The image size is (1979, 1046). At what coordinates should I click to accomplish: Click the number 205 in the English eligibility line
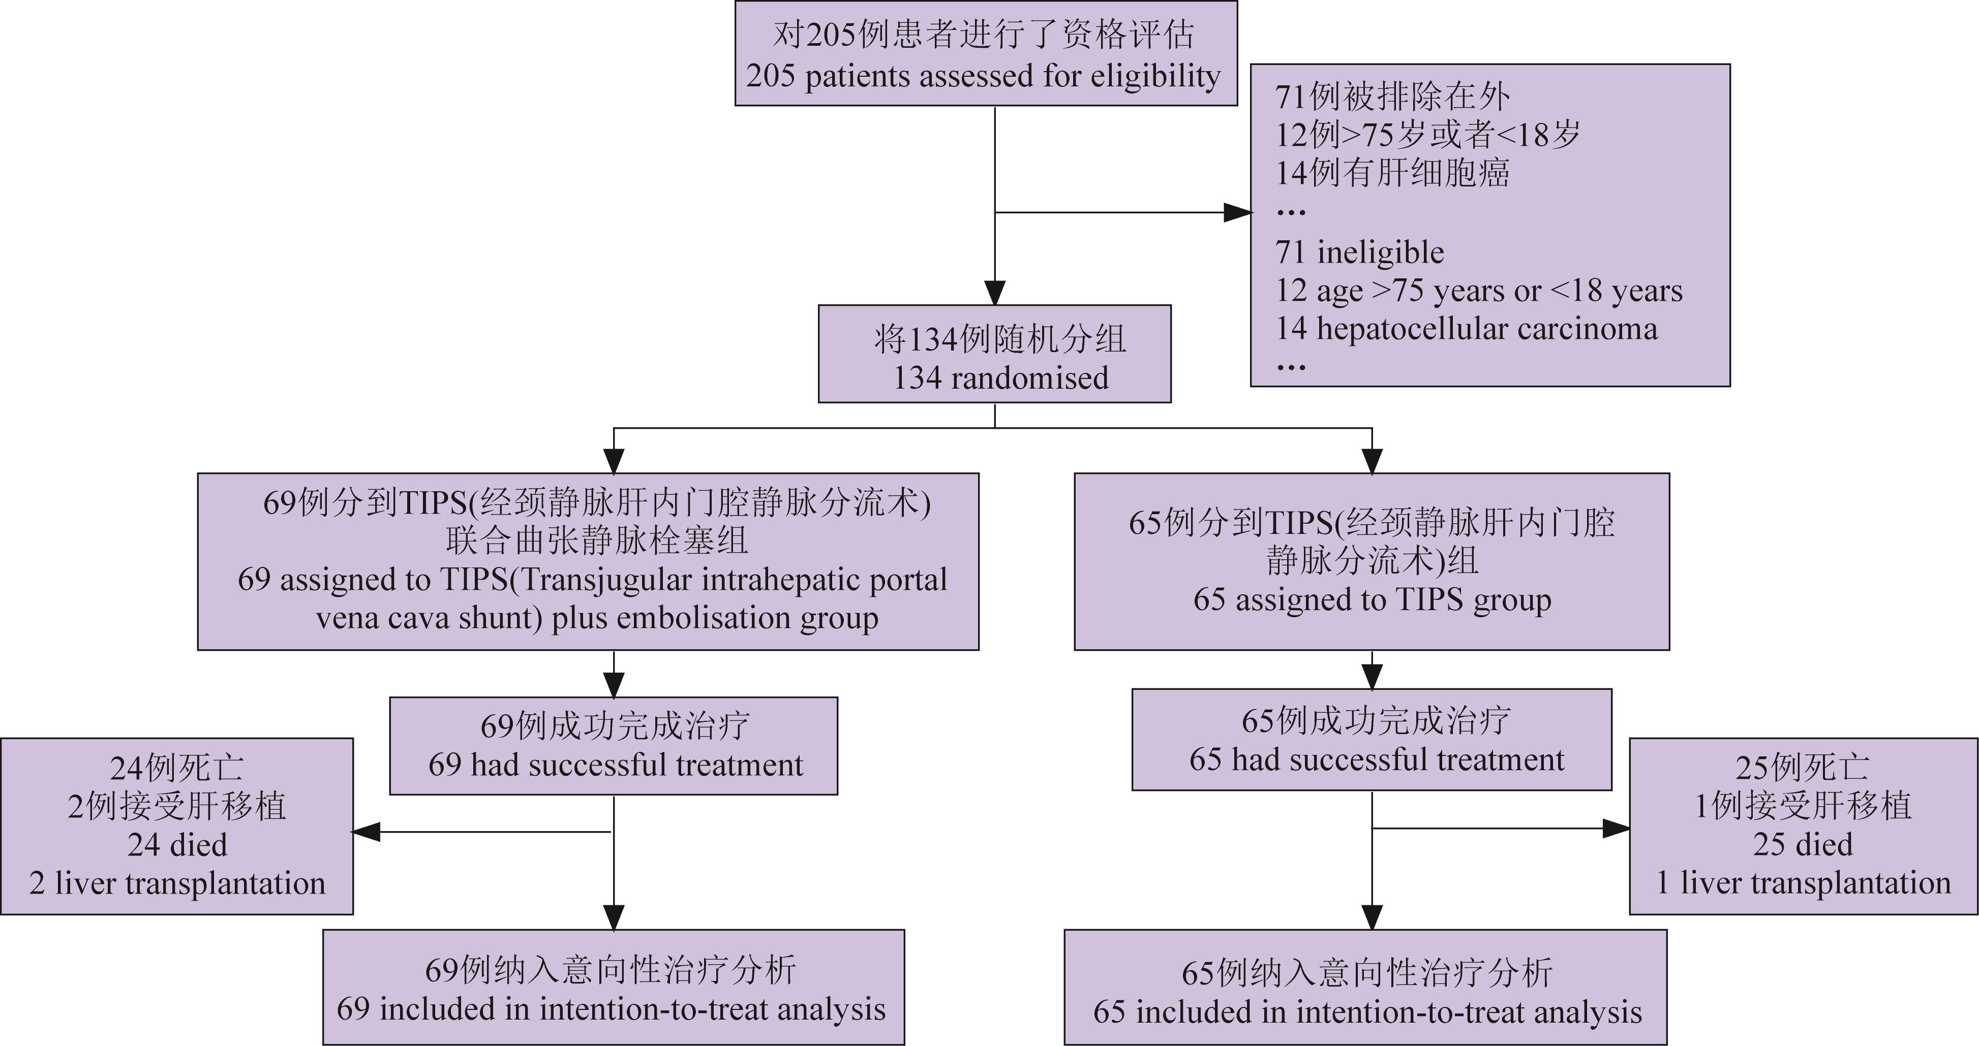[771, 76]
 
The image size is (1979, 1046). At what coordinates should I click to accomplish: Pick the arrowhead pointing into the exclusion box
[1237, 213]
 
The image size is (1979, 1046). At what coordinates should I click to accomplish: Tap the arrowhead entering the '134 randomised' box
[995, 293]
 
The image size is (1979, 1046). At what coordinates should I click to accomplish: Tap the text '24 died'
[177, 845]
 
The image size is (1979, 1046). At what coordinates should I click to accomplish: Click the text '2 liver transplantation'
[177, 883]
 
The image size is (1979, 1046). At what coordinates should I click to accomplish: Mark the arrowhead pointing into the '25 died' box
[1616, 829]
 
